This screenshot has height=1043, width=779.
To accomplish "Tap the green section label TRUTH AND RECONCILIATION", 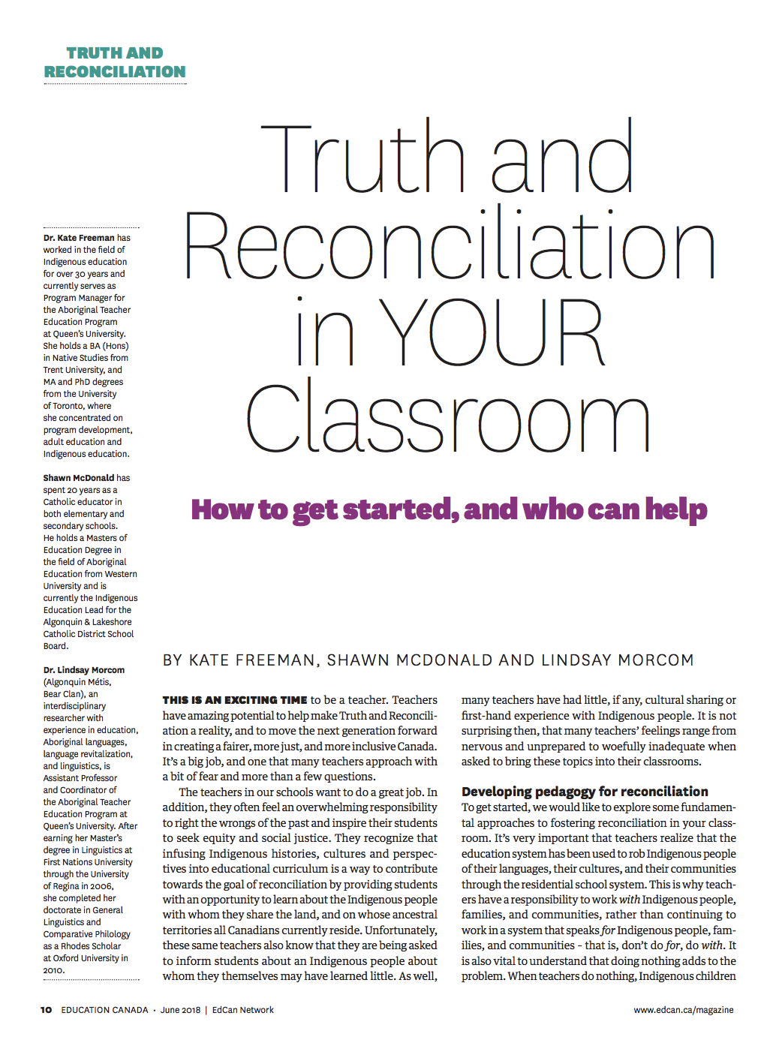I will point(115,62).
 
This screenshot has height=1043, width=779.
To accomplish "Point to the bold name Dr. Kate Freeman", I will point(79,238).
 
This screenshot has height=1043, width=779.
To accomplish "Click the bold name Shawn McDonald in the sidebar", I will point(79,478).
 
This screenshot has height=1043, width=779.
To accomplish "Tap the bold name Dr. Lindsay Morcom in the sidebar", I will point(84,670).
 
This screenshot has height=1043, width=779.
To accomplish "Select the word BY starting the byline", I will point(173,660).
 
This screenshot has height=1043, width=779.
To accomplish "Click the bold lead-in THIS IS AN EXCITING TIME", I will point(235,700).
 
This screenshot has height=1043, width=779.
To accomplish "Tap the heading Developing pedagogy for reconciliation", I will point(585,792).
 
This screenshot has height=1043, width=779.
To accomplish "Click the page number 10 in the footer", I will point(47,1010).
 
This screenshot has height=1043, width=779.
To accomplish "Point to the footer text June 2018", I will point(180,1010).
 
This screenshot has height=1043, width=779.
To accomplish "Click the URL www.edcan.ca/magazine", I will point(684,1010).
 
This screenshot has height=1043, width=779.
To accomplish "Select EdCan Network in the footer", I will point(243,1010).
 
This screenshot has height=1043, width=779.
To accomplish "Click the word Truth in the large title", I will point(363,159).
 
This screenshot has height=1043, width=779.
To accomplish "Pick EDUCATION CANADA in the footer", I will point(105,1010).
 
